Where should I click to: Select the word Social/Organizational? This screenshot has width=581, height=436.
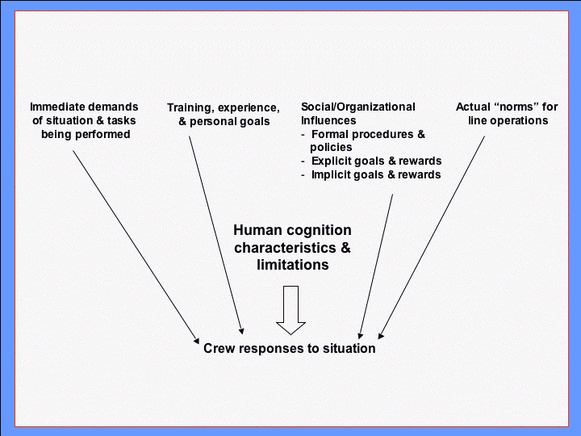tap(357, 107)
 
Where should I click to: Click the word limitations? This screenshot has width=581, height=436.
tap(292, 265)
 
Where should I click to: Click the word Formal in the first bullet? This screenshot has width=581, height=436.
tap(331, 134)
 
